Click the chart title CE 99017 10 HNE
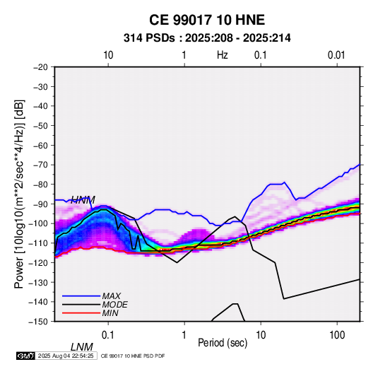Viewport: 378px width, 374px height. (x=207, y=20)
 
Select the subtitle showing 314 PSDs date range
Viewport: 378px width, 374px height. (x=207, y=38)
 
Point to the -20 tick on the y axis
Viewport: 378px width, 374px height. (x=40, y=67)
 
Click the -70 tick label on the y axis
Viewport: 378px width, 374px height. (x=40, y=165)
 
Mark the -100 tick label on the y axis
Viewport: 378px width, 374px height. (x=39, y=223)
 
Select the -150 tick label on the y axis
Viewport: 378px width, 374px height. (x=39, y=322)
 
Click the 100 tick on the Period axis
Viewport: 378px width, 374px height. (x=337, y=334)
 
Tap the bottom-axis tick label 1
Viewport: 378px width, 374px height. (x=184, y=334)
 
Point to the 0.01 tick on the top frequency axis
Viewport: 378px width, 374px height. (x=336, y=55)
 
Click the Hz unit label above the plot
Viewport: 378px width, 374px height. (x=223, y=55)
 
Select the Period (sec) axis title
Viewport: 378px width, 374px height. (x=223, y=343)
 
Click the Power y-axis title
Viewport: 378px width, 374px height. (x=19, y=194)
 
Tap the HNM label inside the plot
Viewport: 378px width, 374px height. (x=83, y=199)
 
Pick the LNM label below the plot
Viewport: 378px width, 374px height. (x=81, y=347)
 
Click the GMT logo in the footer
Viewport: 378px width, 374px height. (x=26, y=356)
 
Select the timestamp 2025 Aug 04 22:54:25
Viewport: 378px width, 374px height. (x=66, y=356)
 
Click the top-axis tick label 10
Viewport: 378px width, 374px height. (x=108, y=55)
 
